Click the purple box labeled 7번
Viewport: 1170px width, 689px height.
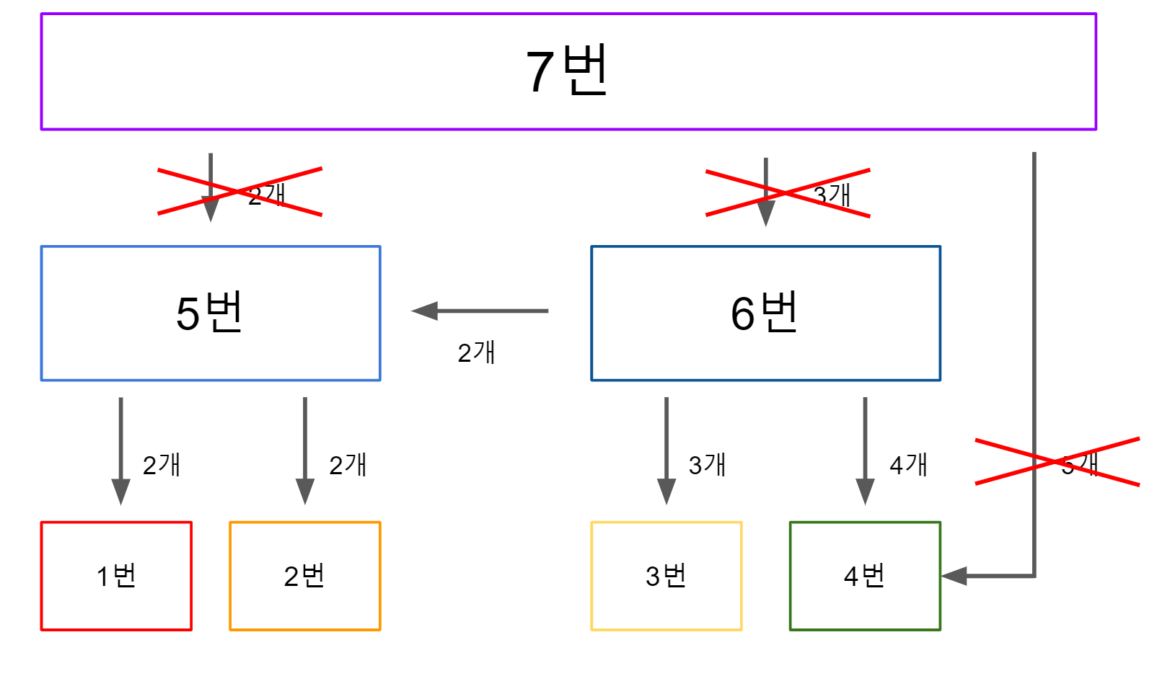[568, 71]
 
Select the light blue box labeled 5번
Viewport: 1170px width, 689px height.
[211, 313]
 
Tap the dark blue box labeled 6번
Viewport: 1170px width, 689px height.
[765, 313]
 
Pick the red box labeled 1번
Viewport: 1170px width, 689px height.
[116, 576]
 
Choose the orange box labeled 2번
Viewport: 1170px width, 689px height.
[304, 576]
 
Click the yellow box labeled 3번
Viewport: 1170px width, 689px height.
[666, 576]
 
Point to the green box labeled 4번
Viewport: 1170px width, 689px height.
[865, 576]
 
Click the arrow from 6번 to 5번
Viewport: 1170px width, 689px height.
[480, 311]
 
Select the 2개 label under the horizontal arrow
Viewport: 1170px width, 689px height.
[476, 352]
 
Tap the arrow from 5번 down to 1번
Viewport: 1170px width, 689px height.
[120, 450]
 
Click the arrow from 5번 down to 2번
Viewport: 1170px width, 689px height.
[305, 450]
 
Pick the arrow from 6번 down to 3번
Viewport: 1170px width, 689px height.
[667, 450]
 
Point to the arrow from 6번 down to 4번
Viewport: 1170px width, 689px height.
[865, 450]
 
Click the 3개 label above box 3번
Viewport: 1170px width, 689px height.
[707, 465]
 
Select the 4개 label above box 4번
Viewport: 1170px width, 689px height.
[908, 465]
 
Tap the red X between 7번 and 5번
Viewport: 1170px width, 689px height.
[239, 192]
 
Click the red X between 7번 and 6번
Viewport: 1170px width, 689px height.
[788, 193]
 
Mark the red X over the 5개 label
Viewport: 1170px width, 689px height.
[1057, 461]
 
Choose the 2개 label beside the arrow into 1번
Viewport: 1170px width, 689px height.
[162, 465]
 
